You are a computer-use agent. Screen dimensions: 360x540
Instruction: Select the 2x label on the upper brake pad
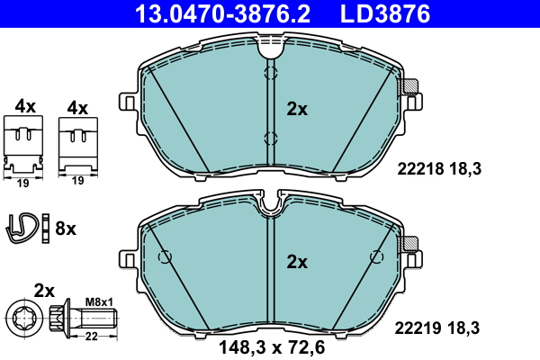pyautogui.click(x=297, y=110)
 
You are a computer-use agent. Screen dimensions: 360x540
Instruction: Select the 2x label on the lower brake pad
pyautogui.click(x=297, y=262)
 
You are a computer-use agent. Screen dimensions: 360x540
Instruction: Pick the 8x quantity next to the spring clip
pyautogui.click(x=66, y=229)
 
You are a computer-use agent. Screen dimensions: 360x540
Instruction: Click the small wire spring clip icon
pyautogui.click(x=26, y=229)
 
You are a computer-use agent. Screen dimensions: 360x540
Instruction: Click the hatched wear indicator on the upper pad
pyautogui.click(x=410, y=88)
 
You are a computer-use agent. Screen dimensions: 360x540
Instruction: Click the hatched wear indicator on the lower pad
pyautogui.click(x=410, y=242)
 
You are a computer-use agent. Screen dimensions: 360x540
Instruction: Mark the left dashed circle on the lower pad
pyautogui.click(x=165, y=257)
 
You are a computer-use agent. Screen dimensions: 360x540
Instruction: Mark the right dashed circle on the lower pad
pyautogui.click(x=373, y=257)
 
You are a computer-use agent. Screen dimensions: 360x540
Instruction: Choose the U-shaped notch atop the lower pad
pyautogui.click(x=269, y=207)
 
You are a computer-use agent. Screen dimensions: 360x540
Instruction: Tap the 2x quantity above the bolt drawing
pyautogui.click(x=45, y=290)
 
